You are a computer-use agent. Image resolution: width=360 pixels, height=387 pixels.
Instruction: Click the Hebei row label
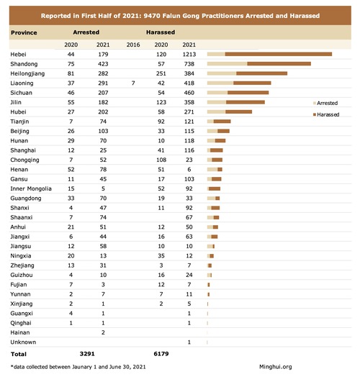click(18, 54)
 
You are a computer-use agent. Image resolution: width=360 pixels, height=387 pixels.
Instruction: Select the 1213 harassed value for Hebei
click(189, 54)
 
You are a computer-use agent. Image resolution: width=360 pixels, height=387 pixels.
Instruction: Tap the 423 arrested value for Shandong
click(103, 64)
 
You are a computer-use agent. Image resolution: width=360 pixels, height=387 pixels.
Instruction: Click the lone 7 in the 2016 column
click(133, 83)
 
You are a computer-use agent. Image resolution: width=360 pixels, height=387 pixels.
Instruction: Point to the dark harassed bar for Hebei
click(279, 54)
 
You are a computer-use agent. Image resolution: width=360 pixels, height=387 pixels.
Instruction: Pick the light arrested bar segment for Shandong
click(228, 64)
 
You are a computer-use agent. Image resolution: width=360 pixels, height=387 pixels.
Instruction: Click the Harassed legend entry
click(326, 114)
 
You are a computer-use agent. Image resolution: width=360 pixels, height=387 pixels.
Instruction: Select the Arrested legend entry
click(325, 103)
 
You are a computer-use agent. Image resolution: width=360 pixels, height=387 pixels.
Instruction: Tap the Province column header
click(24, 32)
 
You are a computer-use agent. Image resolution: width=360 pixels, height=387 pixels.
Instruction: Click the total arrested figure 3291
click(87, 354)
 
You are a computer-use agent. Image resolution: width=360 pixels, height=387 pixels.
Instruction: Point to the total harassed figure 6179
click(161, 354)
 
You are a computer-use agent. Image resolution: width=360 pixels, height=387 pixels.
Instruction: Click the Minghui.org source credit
click(276, 367)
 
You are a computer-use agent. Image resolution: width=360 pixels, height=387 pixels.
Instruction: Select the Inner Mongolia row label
click(31, 188)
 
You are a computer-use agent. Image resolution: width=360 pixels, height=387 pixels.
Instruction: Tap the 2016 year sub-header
click(133, 45)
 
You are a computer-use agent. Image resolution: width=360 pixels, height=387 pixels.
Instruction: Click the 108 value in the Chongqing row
click(161, 160)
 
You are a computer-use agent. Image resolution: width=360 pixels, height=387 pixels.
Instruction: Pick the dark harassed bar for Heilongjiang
click(261, 73)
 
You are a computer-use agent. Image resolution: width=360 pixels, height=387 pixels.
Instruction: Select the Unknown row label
click(23, 342)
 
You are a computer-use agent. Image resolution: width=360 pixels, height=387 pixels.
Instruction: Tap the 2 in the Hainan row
click(103, 333)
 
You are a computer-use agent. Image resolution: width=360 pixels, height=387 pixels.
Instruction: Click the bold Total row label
click(19, 354)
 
